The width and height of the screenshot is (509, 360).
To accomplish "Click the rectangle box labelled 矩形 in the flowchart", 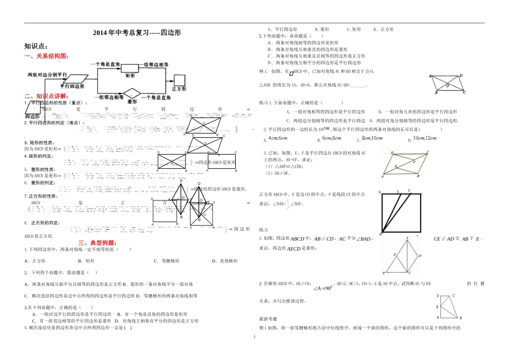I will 130,75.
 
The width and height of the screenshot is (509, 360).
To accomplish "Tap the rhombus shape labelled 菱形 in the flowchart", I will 132,94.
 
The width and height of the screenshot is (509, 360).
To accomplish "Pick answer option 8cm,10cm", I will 372,138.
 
